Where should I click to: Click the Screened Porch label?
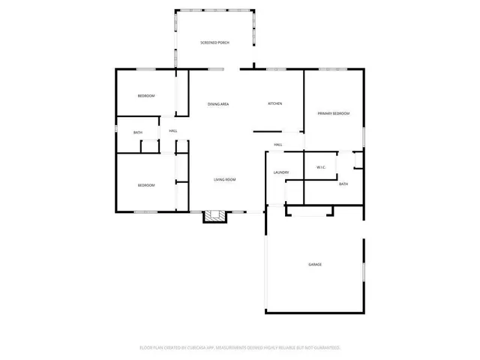point(214,43)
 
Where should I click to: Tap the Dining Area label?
point(218,103)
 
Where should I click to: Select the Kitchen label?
point(275,103)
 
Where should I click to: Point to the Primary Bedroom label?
point(334,113)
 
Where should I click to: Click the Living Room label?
point(225,180)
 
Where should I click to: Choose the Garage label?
point(315,265)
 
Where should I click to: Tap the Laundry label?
point(281,173)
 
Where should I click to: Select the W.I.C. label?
point(320,167)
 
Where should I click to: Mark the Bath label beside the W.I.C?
point(343,184)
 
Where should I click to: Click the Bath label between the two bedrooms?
point(138,133)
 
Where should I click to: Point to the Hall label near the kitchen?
point(277,145)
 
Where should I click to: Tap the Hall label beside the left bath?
point(173,131)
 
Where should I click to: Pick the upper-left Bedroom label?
point(145,96)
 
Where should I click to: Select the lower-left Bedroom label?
point(145,185)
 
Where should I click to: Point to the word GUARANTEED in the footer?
point(325,348)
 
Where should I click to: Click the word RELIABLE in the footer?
point(291,348)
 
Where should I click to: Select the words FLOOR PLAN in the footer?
point(152,348)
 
